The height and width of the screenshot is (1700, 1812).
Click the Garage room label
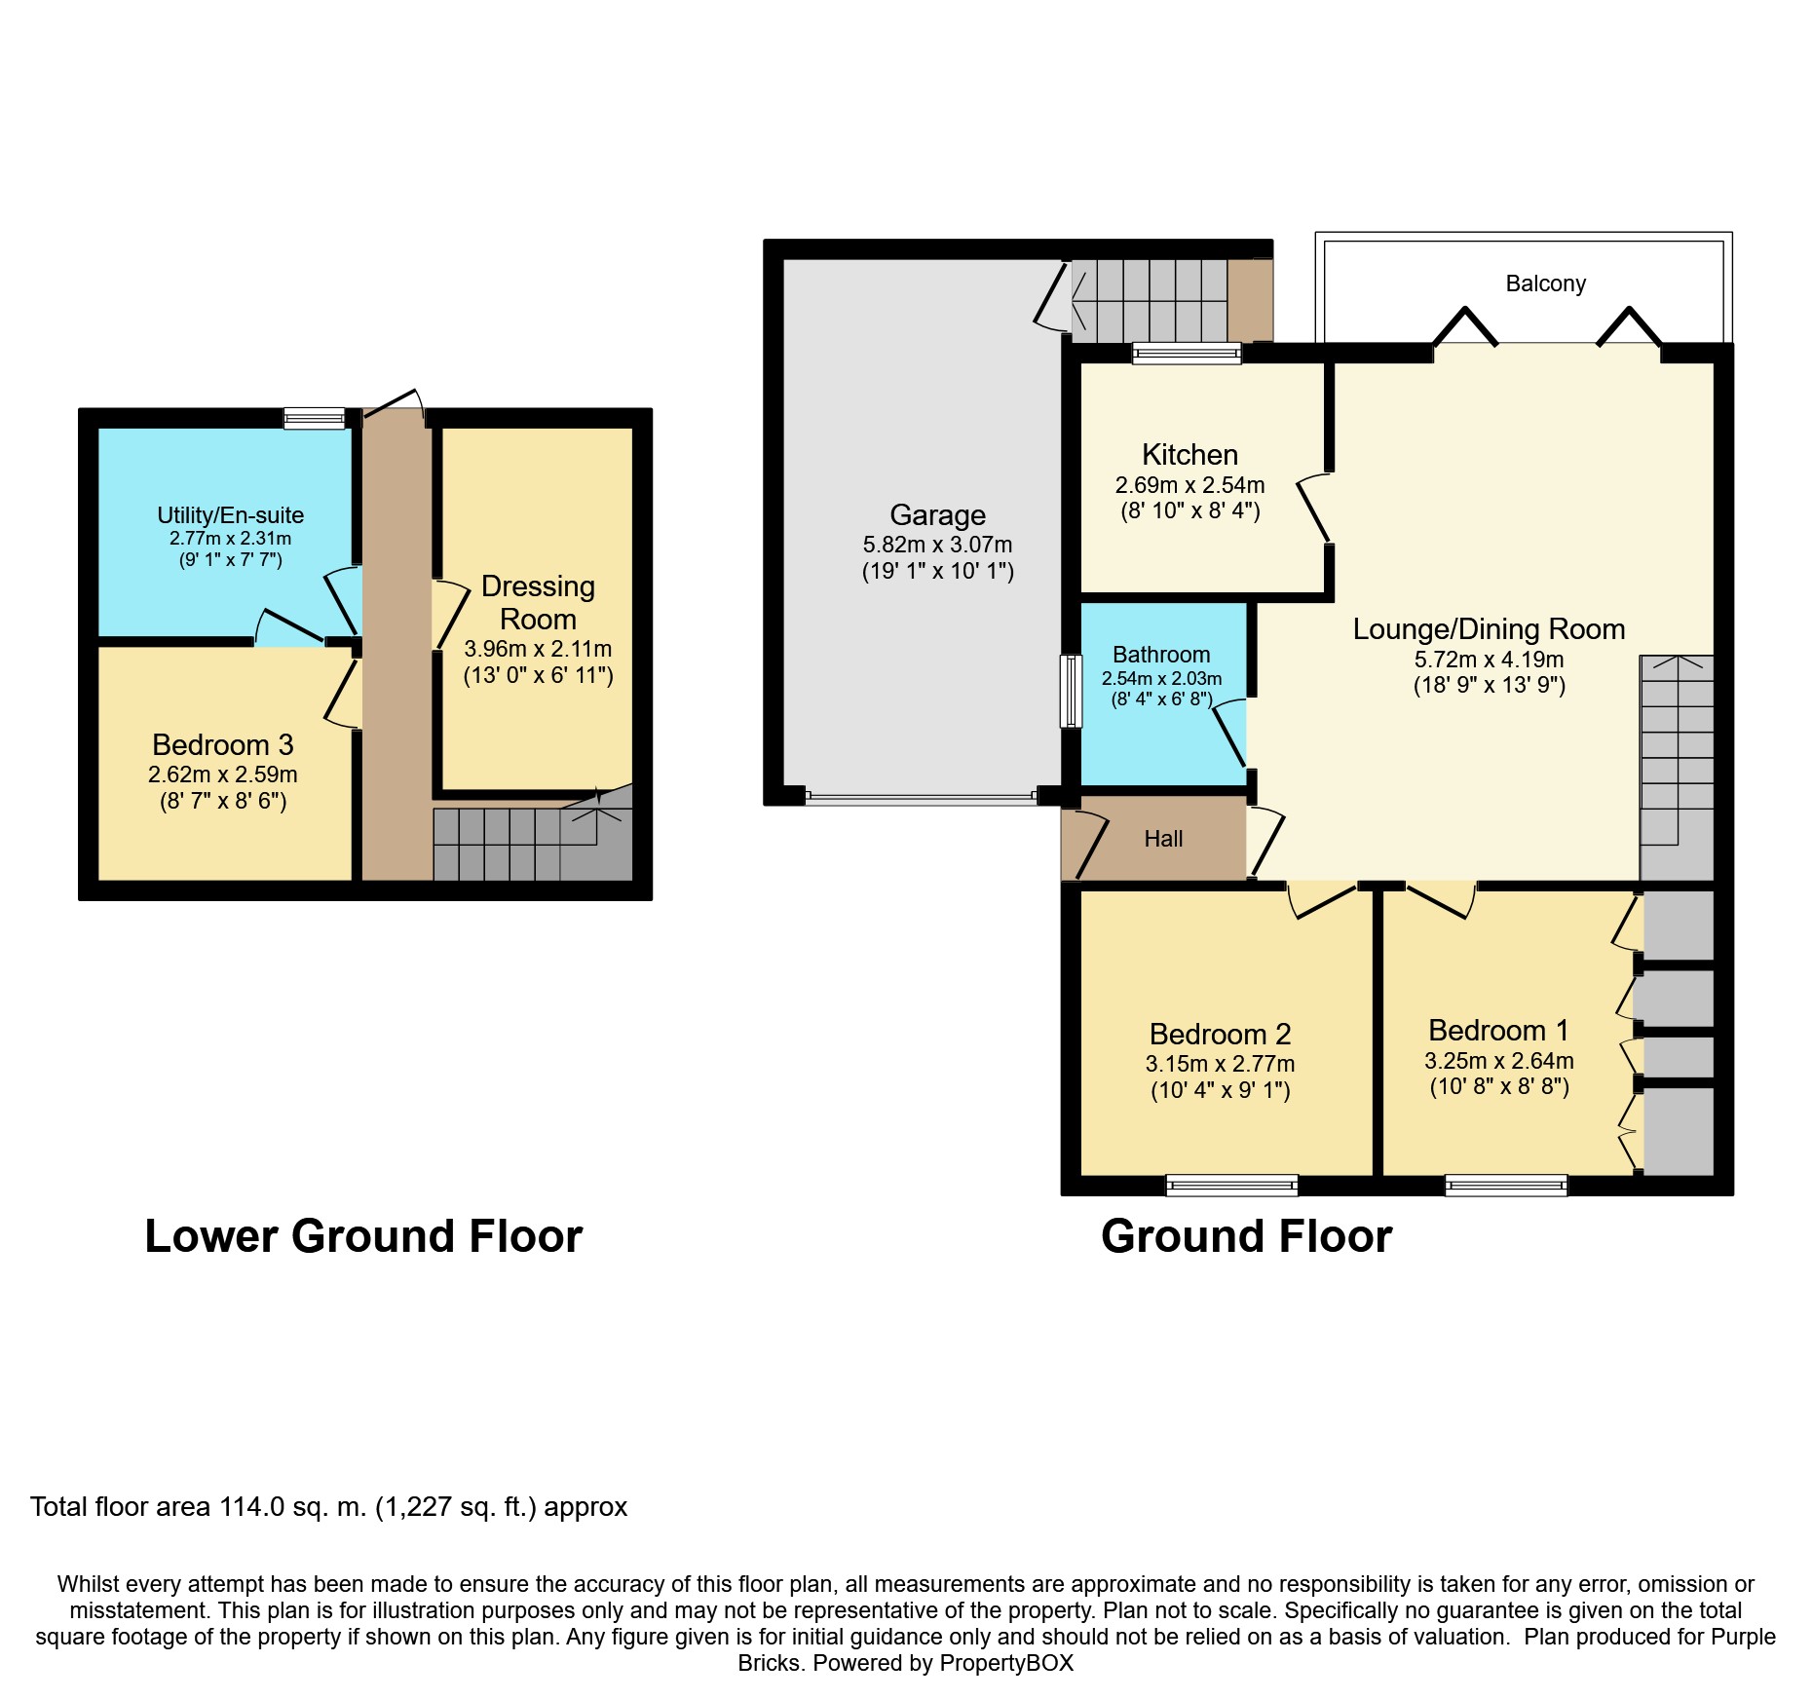tap(937, 515)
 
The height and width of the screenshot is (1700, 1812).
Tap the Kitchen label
tap(1189, 455)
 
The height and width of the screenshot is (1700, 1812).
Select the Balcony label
tap(1545, 283)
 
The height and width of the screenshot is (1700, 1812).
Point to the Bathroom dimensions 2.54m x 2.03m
tap(1161, 678)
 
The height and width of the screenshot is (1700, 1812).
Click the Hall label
tap(1163, 839)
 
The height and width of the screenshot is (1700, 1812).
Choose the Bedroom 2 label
tap(1220, 1034)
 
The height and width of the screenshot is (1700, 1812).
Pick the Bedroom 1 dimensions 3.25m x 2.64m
tap(1498, 1061)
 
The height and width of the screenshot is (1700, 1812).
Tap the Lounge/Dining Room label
tap(1489, 629)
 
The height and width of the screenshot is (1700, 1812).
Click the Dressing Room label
tap(538, 603)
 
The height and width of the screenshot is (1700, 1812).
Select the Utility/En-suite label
tap(231, 515)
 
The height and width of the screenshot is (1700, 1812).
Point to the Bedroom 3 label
tap(223, 745)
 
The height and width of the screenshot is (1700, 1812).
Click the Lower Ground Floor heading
tap(363, 1236)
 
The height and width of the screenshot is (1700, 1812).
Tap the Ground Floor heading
tap(1246, 1236)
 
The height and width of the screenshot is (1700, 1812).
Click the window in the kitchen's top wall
tap(1187, 353)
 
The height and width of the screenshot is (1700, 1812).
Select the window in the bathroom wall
tap(1071, 691)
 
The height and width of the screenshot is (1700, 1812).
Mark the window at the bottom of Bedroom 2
tap(1231, 1186)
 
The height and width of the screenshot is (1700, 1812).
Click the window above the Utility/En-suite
tap(314, 418)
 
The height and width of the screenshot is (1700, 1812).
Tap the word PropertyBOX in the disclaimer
tap(1006, 1663)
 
